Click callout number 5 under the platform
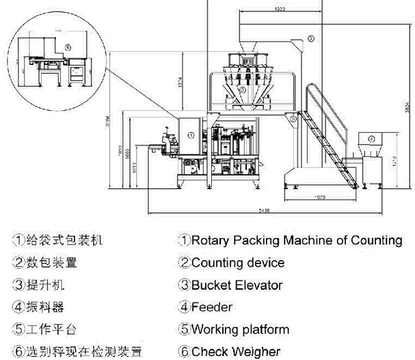pyautogui.click(x=293, y=118)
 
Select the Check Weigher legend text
pyautogui.click(x=235, y=351)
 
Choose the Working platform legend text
pyautogui.click(x=240, y=329)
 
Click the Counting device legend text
pyautogui.click(x=238, y=263)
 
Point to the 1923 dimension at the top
pyautogui.click(x=260, y=9)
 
